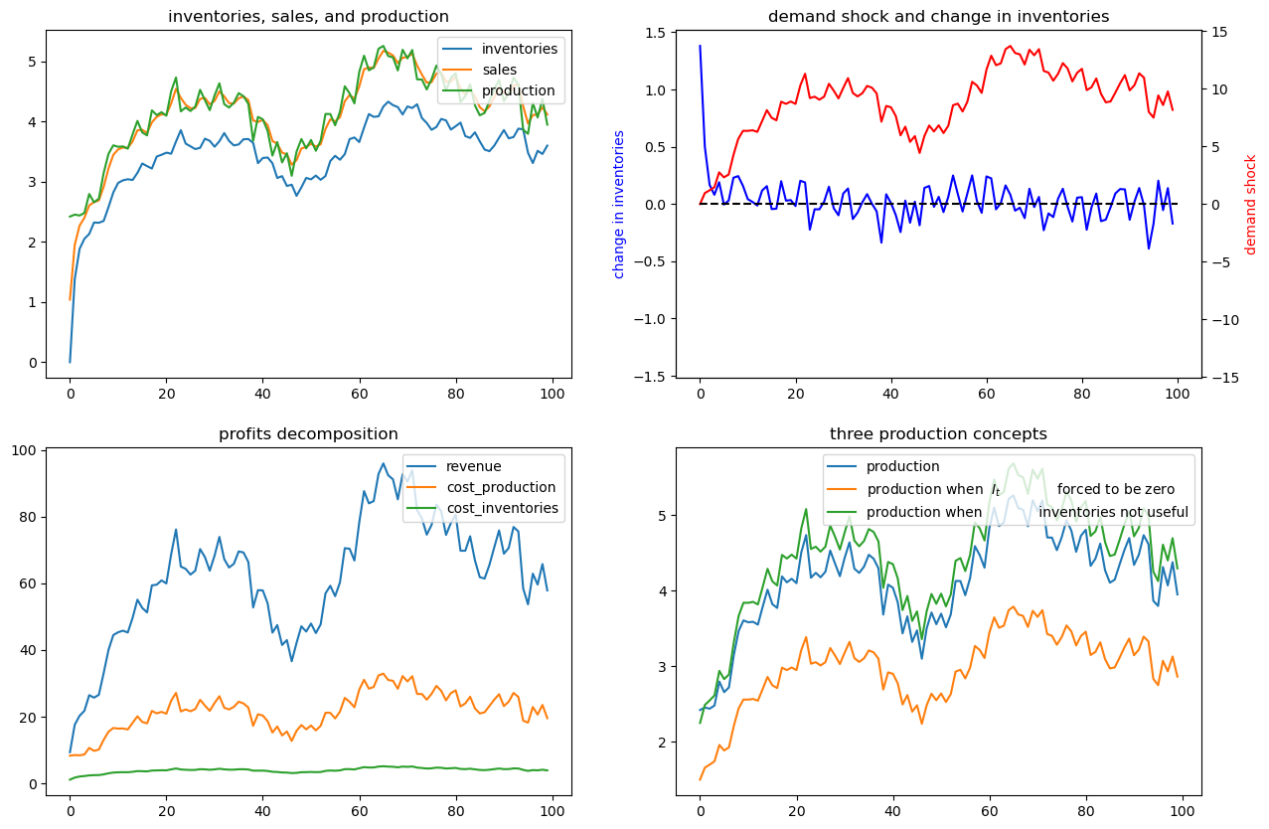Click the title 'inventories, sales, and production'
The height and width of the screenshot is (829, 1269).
tap(308, 17)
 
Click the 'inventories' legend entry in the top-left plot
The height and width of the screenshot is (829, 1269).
tap(500, 49)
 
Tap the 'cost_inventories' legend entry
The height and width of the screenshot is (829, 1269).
tap(483, 508)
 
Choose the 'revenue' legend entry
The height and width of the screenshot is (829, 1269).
tap(454, 466)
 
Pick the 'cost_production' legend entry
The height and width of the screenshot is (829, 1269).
tap(482, 487)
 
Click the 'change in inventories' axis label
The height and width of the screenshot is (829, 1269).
tap(618, 205)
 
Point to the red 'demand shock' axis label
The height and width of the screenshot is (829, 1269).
tap(1250, 205)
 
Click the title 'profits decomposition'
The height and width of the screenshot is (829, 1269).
tap(308, 434)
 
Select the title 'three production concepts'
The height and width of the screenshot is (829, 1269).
tap(938, 434)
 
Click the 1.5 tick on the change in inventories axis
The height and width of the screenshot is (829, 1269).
tap(655, 33)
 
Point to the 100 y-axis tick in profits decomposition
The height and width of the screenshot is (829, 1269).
tap(23, 450)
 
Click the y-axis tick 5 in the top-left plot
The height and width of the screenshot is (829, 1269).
tap(32, 62)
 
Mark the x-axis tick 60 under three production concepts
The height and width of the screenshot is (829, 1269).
tap(989, 811)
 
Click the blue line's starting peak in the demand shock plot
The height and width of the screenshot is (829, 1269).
tap(701, 46)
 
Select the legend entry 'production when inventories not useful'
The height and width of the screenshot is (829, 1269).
tap(1008, 512)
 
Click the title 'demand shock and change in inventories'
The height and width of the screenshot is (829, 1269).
tap(938, 17)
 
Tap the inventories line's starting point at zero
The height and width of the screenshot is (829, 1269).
tap(71, 362)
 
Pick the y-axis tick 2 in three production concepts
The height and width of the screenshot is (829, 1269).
tap(662, 743)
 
